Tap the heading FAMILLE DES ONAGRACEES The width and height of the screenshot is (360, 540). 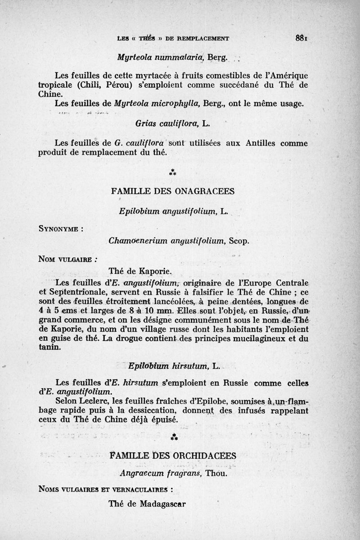coord(173,191)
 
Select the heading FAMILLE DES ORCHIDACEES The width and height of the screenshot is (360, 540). coord(173,455)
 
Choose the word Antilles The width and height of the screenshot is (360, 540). coord(261,143)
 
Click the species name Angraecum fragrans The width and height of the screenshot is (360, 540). coord(161,473)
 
